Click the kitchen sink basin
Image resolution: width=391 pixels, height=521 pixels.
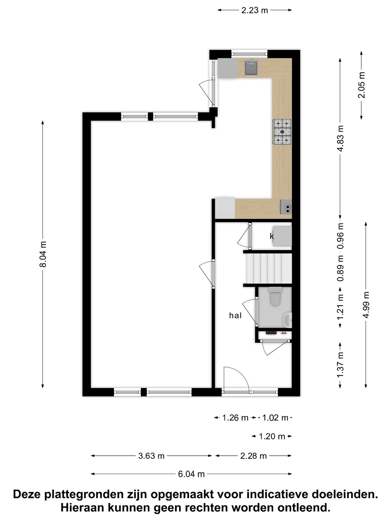click(251, 68)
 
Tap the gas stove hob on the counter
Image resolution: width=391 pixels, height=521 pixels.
click(282, 132)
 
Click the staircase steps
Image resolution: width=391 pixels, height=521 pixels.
click(268, 268)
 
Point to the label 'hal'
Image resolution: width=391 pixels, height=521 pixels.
click(235, 315)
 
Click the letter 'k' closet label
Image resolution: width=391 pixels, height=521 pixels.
click(272, 236)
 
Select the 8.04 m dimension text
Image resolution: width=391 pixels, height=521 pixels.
click(43, 254)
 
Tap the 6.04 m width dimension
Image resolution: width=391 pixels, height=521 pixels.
click(192, 474)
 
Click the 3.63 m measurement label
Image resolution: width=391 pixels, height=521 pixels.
click(151, 456)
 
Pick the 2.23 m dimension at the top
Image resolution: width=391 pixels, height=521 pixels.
click(255, 10)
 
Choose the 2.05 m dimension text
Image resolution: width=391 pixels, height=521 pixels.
click(362, 85)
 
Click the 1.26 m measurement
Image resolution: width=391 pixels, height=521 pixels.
click(235, 418)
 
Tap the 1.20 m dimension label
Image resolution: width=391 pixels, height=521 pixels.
click(272, 436)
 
